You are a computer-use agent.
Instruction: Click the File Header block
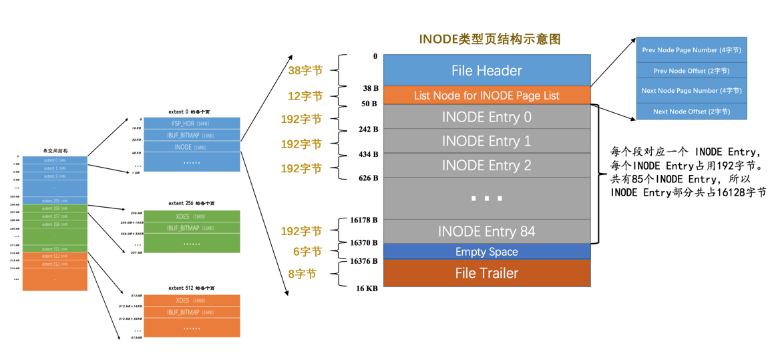click(x=486, y=71)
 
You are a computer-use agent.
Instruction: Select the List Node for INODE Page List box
click(x=486, y=96)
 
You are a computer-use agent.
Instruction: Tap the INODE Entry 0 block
click(x=486, y=117)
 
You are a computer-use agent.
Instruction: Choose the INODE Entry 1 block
click(x=486, y=141)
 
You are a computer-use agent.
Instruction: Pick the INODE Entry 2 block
click(x=486, y=165)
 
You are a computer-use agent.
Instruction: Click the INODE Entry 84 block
click(x=486, y=231)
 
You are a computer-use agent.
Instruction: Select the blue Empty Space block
click(x=486, y=252)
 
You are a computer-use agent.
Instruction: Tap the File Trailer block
click(x=486, y=273)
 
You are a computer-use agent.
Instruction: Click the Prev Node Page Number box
click(x=691, y=50)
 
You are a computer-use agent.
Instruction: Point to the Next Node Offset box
click(x=691, y=112)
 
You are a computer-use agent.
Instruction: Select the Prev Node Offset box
click(x=691, y=71)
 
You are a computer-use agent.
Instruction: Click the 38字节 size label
click(x=305, y=70)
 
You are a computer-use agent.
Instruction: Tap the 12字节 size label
click(x=305, y=96)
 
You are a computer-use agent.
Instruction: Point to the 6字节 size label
click(x=307, y=252)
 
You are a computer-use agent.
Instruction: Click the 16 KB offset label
click(x=367, y=289)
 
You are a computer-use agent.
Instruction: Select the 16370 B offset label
click(x=363, y=243)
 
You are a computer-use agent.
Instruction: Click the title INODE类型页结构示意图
click(x=490, y=39)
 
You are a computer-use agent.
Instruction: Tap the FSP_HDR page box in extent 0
click(x=192, y=124)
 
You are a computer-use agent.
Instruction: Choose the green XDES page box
click(x=192, y=216)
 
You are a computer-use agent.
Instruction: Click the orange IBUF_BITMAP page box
click(x=192, y=312)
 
